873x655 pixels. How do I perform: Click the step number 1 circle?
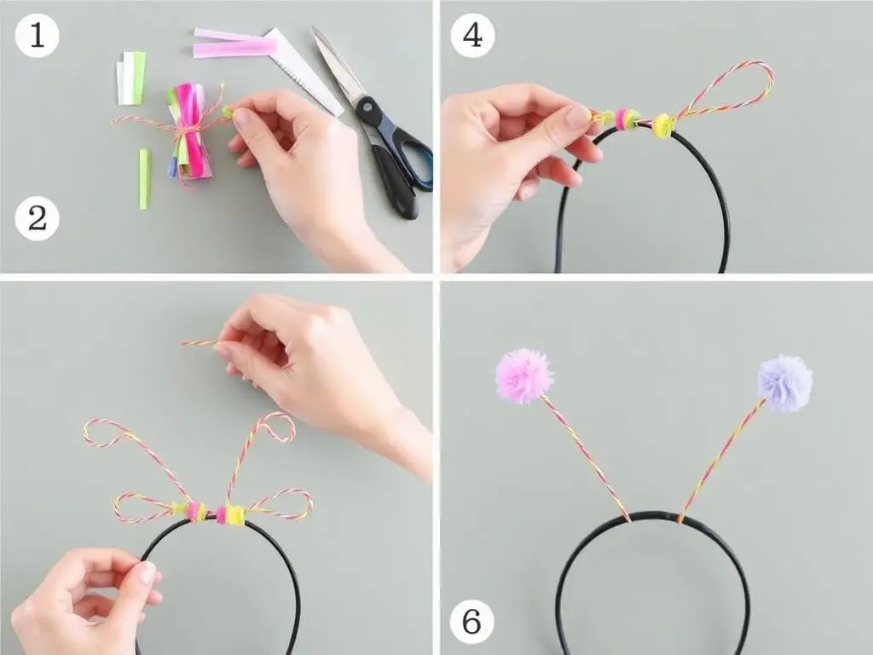[37, 35]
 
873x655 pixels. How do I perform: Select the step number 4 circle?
[472, 35]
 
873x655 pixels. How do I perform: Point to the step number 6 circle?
[471, 621]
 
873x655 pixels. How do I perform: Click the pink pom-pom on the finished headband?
[523, 376]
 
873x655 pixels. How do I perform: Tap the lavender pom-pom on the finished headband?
[785, 383]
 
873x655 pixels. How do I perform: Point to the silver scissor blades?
[338, 63]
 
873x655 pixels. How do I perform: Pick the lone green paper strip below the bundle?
[144, 179]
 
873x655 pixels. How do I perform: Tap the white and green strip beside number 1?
[130, 78]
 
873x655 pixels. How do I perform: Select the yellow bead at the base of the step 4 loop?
[662, 125]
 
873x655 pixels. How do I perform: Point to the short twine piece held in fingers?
[199, 343]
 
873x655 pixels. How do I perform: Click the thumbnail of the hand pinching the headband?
[147, 572]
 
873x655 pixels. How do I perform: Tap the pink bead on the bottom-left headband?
[194, 511]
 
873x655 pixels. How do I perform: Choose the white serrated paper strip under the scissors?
[304, 72]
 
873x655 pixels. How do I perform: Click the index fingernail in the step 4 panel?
[577, 117]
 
